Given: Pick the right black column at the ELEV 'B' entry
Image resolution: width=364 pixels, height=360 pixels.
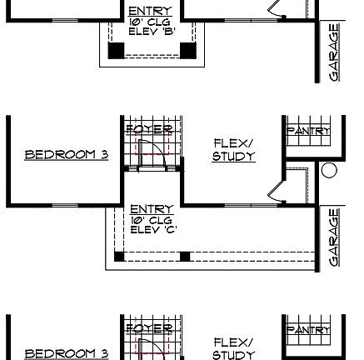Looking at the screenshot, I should (188, 51).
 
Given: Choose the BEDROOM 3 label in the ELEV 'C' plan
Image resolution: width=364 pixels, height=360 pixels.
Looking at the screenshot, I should (66, 155).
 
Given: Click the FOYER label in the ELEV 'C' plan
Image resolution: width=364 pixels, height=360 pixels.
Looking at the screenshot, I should (147, 130).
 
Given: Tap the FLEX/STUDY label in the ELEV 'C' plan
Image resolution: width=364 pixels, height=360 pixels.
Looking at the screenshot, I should (233, 150).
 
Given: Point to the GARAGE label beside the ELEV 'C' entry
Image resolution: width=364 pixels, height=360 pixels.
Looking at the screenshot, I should (334, 237).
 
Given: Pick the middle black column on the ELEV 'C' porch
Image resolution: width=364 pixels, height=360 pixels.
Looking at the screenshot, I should (184, 256).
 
